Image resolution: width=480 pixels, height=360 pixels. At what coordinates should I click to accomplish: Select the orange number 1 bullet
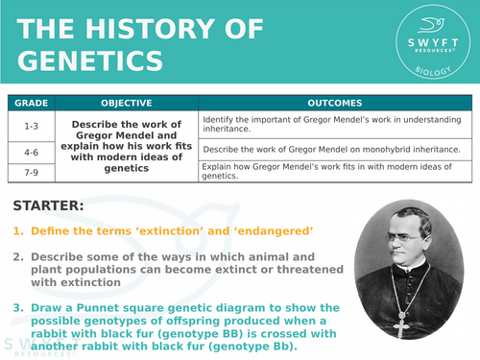pyautogui.click(x=16, y=231)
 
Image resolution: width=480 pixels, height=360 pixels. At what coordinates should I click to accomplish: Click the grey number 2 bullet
pyautogui.click(x=16, y=257)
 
